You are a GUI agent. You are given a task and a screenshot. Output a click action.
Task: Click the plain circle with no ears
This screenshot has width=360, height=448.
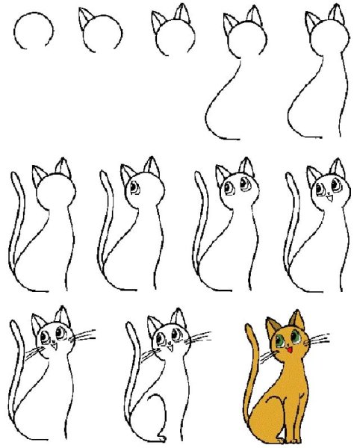tap(35, 32)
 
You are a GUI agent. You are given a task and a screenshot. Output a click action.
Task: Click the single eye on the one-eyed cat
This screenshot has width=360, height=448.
tap(134, 187)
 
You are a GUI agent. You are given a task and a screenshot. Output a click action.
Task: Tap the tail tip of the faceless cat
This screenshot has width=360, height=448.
tap(16, 176)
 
